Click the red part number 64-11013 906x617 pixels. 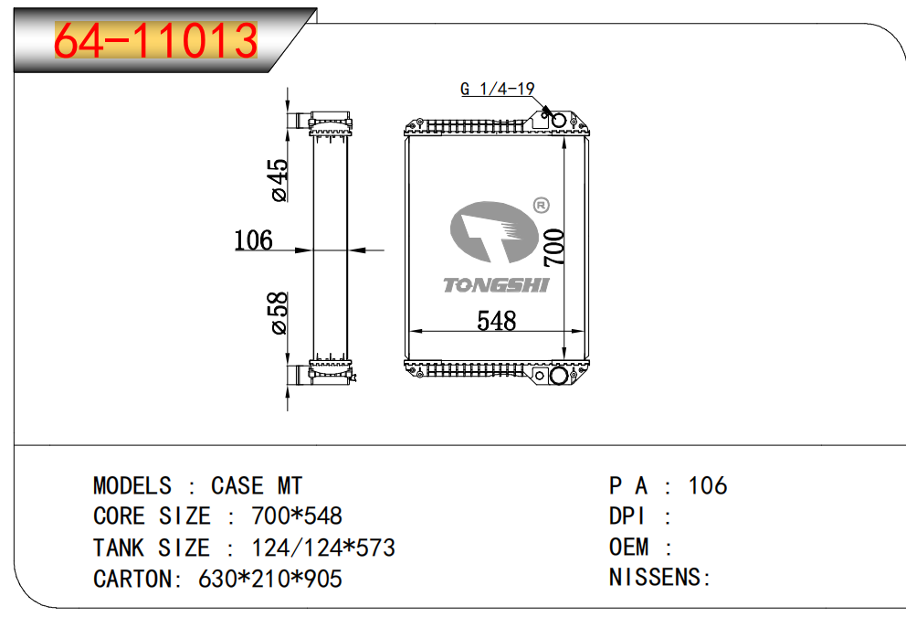click(156, 41)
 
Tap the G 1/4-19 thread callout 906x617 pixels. click(497, 90)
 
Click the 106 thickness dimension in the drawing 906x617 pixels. click(253, 240)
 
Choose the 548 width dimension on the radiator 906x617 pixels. click(496, 321)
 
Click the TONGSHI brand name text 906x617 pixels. click(496, 285)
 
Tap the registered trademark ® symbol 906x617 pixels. click(540, 206)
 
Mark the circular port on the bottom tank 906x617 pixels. click(558, 376)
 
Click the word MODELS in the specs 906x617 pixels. click(132, 485)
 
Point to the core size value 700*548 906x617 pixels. click(296, 516)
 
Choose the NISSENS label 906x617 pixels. click(659, 578)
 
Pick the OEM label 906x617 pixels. click(629, 548)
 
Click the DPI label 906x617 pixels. click(628, 516)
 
